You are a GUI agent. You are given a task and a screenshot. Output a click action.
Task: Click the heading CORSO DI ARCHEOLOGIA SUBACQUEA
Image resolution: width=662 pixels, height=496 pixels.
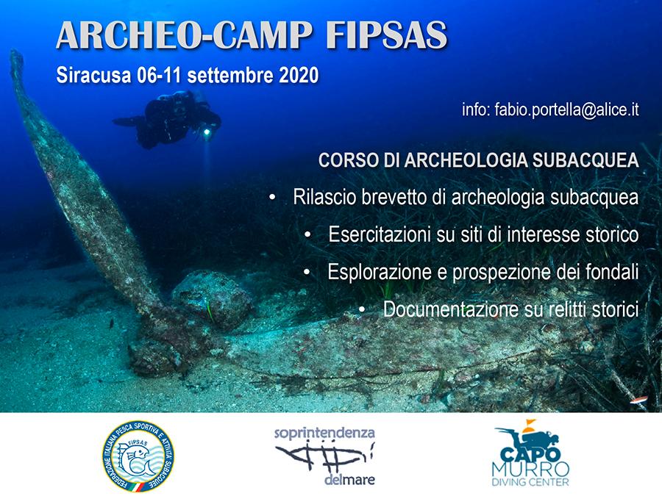[478, 162]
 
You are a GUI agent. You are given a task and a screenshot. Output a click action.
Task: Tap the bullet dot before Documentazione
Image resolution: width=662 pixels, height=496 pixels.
[363, 309]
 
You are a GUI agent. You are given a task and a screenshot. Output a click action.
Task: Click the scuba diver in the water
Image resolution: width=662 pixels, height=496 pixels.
[173, 118]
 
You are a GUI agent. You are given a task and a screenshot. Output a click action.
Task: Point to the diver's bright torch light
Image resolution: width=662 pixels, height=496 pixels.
[207, 132]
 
